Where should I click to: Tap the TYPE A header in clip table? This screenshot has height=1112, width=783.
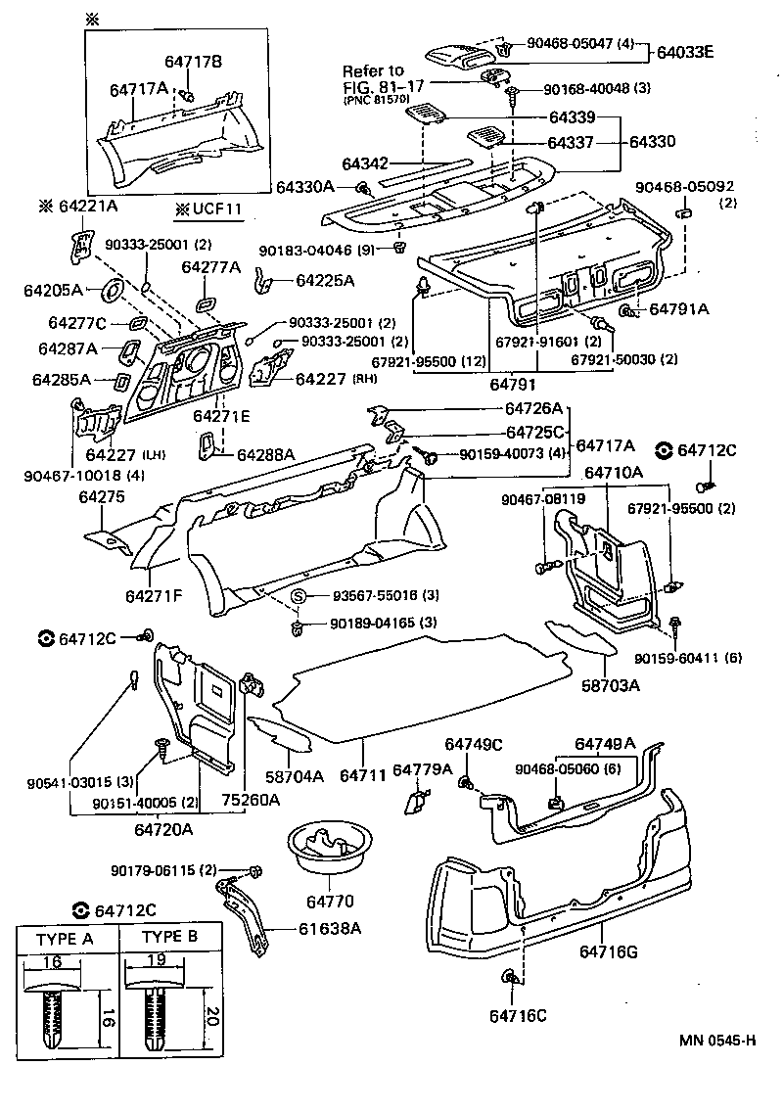point(64,938)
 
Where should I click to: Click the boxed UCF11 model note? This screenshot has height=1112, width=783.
point(207,209)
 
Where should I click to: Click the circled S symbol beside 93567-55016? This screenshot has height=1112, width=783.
point(300,596)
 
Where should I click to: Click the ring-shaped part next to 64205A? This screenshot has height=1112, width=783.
point(111,289)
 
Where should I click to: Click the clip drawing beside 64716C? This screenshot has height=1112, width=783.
point(511,977)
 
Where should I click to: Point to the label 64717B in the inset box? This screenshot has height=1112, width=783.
point(193,62)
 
